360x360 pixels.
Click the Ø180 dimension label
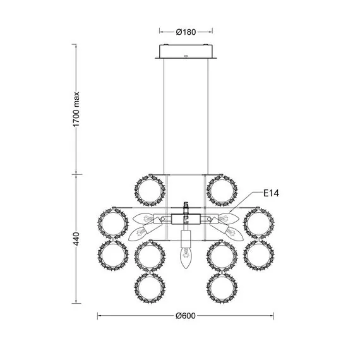click(186, 32)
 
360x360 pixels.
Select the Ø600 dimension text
click(186, 316)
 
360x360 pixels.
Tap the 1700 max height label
click(76, 109)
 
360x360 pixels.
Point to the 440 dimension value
click(76, 239)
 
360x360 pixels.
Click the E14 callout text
click(271, 193)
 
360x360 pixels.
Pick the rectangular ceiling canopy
click(186, 52)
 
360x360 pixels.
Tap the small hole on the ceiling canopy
click(186, 56)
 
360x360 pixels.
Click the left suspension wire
click(164, 116)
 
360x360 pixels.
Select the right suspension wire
click(208, 116)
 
